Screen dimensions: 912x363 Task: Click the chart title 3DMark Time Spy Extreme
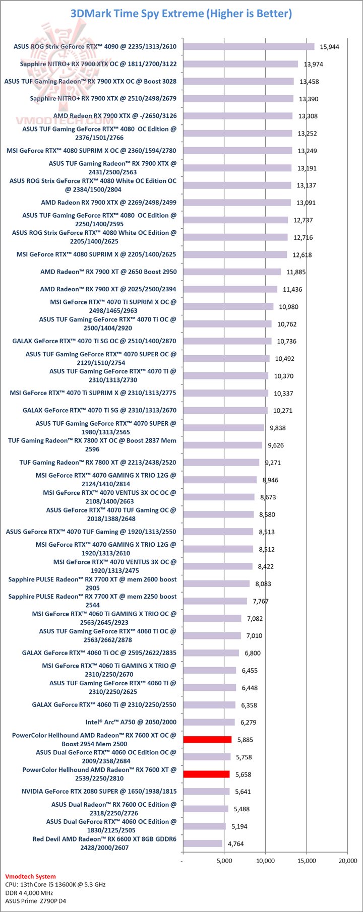(x=181, y=14)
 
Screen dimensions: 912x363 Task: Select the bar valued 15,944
(x=249, y=47)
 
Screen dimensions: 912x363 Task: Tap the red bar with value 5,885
(x=207, y=740)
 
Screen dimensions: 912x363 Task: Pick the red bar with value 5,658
(x=206, y=774)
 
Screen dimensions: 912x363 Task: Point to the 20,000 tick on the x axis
(x=347, y=861)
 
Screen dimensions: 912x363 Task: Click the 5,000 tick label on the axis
(x=224, y=861)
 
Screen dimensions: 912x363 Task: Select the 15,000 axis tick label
(x=307, y=861)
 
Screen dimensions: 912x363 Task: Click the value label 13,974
(x=313, y=64)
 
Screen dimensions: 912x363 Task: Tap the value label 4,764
(x=236, y=844)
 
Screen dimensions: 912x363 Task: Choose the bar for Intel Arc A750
(x=209, y=722)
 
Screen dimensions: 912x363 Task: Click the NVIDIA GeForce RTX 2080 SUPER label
(x=99, y=792)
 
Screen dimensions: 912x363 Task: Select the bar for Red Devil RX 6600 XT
(x=203, y=843)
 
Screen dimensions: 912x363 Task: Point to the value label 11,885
(x=296, y=272)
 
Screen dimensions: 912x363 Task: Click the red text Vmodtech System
(x=30, y=876)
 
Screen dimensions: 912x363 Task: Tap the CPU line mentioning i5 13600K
(x=55, y=884)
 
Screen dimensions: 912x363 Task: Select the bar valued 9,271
(x=221, y=463)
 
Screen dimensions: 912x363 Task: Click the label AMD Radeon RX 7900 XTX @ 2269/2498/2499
(x=108, y=203)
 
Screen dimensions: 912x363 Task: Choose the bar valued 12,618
(x=235, y=254)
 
